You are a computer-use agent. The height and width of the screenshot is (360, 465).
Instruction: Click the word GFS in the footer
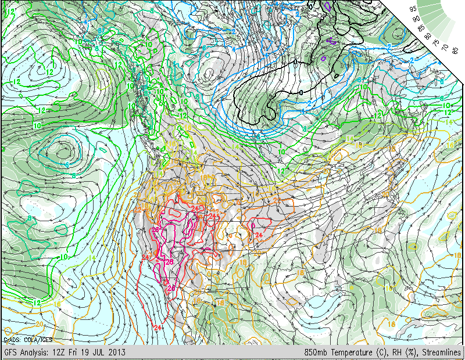click(x=12, y=352)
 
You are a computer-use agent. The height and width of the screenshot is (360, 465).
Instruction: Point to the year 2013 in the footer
click(x=117, y=352)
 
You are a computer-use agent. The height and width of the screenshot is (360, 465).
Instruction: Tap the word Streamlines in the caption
click(x=442, y=352)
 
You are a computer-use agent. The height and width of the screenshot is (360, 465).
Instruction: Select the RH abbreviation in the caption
click(x=395, y=352)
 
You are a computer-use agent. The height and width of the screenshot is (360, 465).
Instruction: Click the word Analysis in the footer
click(x=35, y=352)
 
